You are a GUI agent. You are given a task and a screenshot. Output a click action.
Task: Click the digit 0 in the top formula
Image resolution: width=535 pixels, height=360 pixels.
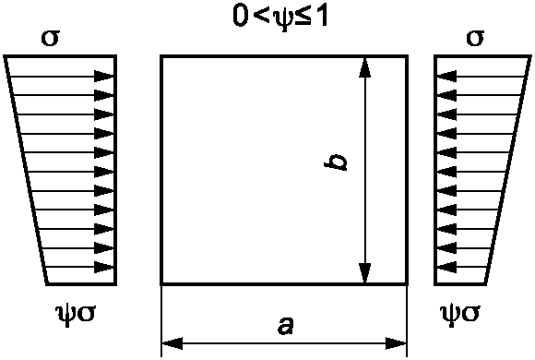coord(240,16)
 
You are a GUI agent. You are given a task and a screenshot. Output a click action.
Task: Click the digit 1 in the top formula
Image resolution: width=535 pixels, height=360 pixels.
coord(321,16)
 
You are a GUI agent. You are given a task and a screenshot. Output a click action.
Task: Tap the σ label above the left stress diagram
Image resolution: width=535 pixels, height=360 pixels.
coord(50,38)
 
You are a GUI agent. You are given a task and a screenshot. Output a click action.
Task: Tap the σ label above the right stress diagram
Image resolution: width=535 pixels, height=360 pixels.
coord(475,38)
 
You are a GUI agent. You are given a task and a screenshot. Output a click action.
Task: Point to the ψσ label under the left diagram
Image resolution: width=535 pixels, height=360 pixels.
coord(76,314)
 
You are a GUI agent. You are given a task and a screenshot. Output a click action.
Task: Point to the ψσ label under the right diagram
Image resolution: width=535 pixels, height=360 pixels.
coord(460,314)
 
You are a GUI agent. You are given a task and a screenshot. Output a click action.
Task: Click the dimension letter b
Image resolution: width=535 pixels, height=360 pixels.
coord(336,162)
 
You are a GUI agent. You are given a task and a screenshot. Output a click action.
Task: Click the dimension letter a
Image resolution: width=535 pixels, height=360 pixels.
coord(285,326)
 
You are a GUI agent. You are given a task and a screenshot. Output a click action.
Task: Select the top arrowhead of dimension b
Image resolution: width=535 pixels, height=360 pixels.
coord(365,67)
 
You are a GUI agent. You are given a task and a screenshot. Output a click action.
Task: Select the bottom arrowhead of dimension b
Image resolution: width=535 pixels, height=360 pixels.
coord(365,273)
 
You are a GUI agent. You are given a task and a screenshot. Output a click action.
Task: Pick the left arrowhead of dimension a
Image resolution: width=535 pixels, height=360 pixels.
coord(172,342)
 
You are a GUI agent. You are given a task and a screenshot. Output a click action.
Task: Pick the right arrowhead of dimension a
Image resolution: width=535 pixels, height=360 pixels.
coord(396,342)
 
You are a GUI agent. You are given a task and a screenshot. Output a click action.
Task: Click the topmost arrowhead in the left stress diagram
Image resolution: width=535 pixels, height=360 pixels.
coord(103,77)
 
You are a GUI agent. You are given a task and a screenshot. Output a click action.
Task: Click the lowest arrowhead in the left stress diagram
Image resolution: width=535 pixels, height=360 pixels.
coord(103,267)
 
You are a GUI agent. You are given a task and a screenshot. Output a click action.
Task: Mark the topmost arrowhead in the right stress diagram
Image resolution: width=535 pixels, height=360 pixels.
coord(446,77)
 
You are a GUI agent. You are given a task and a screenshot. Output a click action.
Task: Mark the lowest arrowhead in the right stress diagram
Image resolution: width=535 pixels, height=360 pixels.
coord(446,267)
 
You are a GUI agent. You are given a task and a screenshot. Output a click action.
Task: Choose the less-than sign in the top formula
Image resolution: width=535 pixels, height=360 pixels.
coord(262,17)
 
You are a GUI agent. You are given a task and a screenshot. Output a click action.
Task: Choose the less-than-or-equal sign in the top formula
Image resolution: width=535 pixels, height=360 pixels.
coord(304,17)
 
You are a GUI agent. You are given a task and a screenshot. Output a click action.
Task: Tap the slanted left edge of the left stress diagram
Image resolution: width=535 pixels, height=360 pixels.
coord(26,170)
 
